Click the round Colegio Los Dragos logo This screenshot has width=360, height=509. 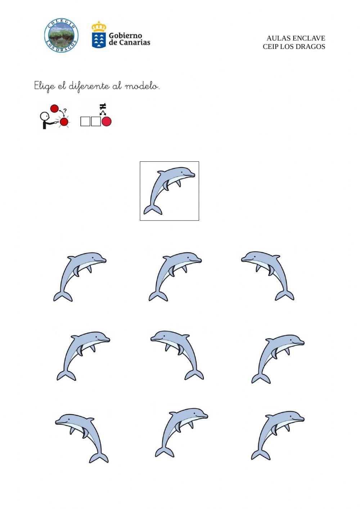[61, 36]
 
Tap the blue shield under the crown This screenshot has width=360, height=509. [99, 40]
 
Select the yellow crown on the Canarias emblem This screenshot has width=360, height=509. [99, 26]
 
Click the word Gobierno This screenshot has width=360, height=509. [125, 36]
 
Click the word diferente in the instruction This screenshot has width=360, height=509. [89, 86]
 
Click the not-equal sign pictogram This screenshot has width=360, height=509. [103, 106]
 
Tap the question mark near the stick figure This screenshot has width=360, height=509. [65, 111]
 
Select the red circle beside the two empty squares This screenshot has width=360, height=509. [107, 121]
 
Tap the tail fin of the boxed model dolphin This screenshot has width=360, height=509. [153, 210]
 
